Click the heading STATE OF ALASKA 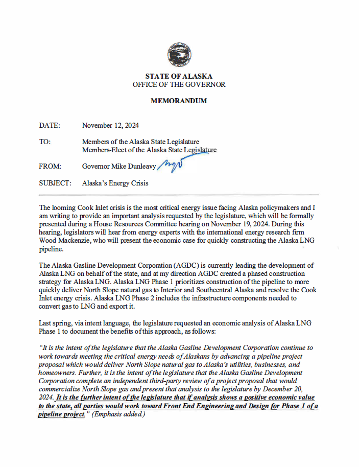tap(179, 76)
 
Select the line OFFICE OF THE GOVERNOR tap(179, 84)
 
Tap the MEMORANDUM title tap(179, 101)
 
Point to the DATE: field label tap(50, 125)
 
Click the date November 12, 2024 tap(110, 125)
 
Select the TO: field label tap(44, 142)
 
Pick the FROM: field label tap(50, 166)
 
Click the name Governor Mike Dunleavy tap(119, 166)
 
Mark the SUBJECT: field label tap(55, 183)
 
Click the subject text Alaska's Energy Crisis tap(115, 183)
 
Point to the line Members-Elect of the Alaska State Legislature tap(149, 150)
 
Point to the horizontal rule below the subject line tap(179, 195)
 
